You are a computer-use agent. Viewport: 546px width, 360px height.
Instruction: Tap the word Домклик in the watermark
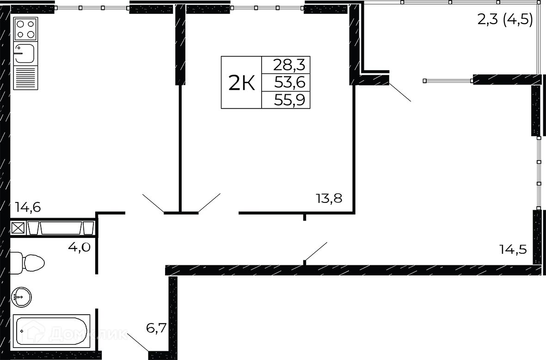(88, 334)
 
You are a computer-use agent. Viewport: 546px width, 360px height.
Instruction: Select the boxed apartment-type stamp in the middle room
(264, 83)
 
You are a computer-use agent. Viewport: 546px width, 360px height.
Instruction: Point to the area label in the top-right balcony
(505, 20)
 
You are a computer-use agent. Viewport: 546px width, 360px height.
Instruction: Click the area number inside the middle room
(329, 198)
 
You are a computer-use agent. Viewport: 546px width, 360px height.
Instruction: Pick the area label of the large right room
(513, 250)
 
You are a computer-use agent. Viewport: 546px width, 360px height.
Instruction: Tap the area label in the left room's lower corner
(27, 206)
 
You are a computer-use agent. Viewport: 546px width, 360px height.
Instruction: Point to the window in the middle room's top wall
(268, 7)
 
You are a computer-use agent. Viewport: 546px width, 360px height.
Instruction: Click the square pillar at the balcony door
(379, 77)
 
